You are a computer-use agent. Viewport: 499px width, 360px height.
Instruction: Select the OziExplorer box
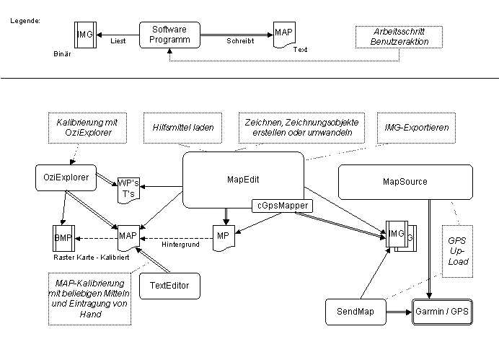66,177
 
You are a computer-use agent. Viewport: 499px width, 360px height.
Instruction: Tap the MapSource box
405,182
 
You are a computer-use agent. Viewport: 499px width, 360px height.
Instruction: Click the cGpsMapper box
282,206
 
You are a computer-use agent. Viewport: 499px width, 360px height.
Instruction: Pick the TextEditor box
169,286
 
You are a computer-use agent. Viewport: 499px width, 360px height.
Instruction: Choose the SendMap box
356,312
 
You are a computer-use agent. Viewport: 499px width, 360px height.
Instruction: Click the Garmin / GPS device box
442,312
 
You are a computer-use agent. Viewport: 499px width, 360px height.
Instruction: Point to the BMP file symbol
63,238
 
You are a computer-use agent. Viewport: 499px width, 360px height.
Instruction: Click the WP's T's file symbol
128,190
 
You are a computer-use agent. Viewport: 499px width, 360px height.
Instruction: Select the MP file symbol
224,238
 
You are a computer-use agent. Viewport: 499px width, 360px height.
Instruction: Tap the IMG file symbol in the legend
85,35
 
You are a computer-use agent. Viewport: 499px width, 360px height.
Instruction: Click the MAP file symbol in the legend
284,35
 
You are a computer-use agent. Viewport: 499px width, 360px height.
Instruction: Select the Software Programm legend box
169,35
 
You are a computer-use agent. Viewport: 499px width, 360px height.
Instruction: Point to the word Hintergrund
180,245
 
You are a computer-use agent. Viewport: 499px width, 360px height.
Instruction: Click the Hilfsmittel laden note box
182,128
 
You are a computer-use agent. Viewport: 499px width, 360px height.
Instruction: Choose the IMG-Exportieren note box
416,128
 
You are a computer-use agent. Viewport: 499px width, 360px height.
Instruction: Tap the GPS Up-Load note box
457,251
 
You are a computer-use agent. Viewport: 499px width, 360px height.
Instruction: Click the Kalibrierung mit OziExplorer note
87,128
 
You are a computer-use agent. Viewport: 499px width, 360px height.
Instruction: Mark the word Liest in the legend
118,41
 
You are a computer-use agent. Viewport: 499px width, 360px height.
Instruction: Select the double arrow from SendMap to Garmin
399,312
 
